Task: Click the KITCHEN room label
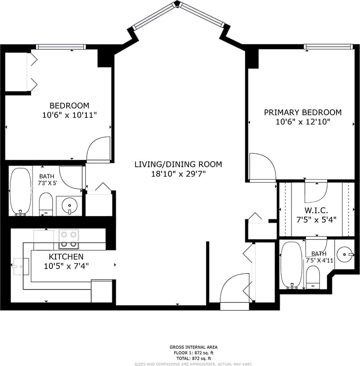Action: pyautogui.click(x=66, y=257)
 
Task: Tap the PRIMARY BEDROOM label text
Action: pyautogui.click(x=303, y=113)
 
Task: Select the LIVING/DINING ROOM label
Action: pyautogui.click(x=178, y=164)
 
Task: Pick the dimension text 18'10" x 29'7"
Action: pyautogui.click(x=178, y=173)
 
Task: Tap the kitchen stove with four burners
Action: pyautogui.click(x=69, y=239)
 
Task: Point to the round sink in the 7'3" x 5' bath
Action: pyautogui.click(x=69, y=206)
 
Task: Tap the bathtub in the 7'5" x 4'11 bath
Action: pyautogui.click(x=291, y=264)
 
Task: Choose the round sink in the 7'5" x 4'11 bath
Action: pyautogui.click(x=344, y=254)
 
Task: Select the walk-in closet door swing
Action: pyautogui.click(x=316, y=190)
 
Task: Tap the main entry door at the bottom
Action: pyautogui.click(x=235, y=293)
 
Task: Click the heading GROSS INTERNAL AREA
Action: pyautogui.click(x=193, y=347)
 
